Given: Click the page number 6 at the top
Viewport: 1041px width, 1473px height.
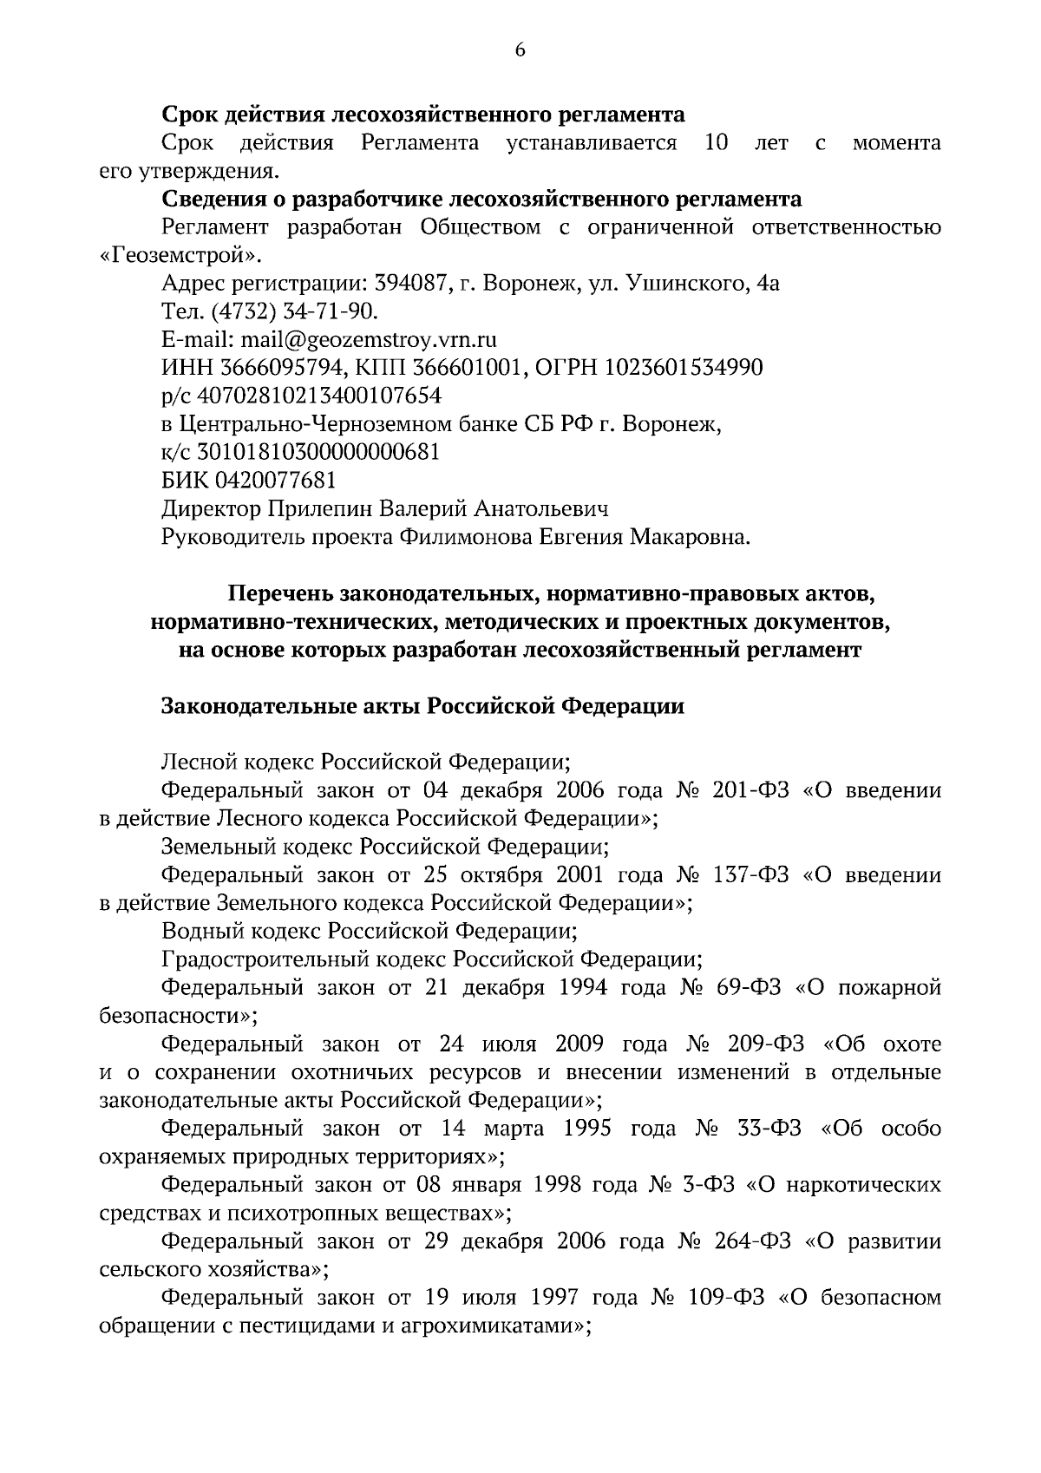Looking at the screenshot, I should tap(520, 49).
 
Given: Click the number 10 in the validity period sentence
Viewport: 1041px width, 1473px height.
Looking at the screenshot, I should tap(716, 142).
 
